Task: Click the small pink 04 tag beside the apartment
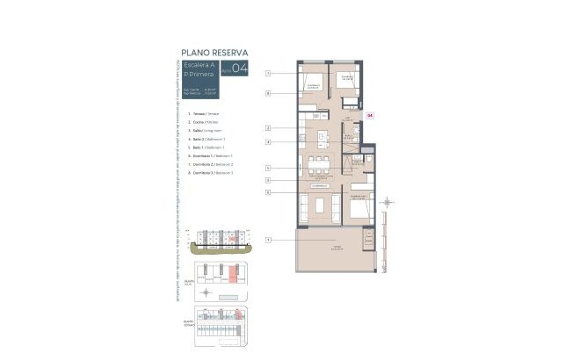tap(370, 114)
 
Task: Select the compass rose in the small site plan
tap(206, 292)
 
